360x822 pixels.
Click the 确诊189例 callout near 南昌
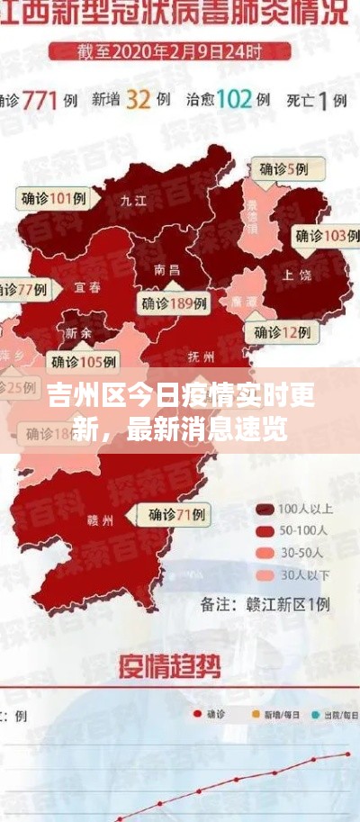click(x=174, y=303)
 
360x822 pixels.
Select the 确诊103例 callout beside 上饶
click(x=320, y=236)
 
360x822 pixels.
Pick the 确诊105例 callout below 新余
click(x=84, y=362)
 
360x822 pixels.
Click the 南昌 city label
click(x=166, y=268)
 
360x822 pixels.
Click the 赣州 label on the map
click(x=100, y=520)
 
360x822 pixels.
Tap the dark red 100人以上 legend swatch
click(x=264, y=509)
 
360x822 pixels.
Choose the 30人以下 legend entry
click(x=292, y=574)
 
